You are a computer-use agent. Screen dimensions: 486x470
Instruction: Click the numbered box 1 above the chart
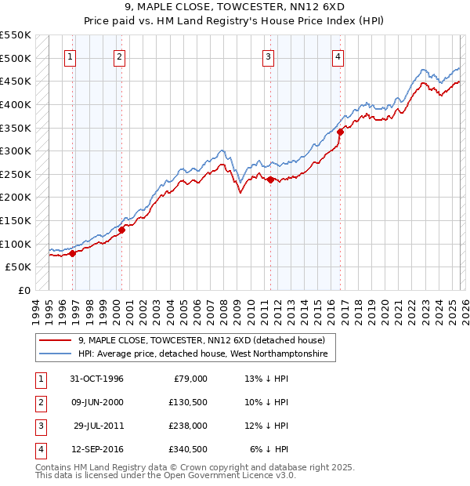[70, 56]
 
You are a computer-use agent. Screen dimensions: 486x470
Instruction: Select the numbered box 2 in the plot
[119, 56]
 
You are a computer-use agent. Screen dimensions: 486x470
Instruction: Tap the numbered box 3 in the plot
[269, 56]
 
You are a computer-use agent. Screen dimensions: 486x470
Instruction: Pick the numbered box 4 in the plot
[338, 56]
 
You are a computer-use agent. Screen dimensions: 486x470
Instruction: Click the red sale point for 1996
[72, 253]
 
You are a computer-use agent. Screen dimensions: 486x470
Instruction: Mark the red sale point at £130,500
[121, 230]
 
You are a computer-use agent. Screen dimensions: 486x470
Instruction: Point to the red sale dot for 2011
[270, 180]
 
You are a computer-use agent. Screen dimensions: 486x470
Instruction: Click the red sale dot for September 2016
[340, 132]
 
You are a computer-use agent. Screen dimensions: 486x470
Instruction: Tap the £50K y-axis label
[19, 267]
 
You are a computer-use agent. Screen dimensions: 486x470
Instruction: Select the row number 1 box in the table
[38, 379]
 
